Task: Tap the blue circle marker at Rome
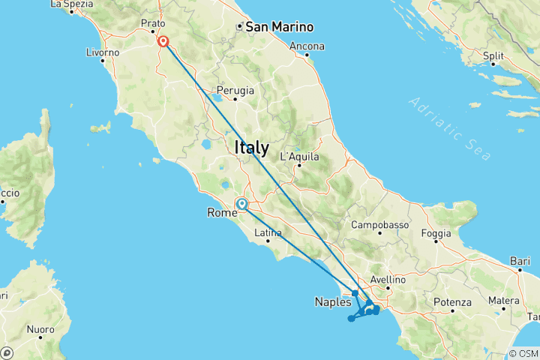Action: [242, 203]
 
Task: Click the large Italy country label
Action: [251, 148]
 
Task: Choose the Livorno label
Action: [103, 52]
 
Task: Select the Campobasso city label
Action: [379, 224]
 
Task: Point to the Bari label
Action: [519, 261]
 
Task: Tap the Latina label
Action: [268, 233]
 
